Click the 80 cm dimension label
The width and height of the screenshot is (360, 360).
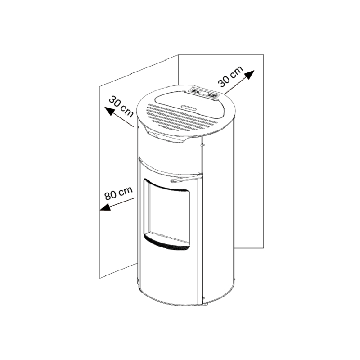click(x=118, y=193)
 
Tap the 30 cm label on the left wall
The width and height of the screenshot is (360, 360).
click(x=121, y=107)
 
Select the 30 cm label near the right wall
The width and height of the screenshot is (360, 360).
click(x=230, y=76)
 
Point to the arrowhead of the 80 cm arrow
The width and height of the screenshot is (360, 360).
click(x=105, y=207)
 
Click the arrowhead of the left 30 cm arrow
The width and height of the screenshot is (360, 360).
click(x=109, y=111)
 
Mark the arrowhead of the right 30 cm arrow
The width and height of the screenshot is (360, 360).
click(x=250, y=74)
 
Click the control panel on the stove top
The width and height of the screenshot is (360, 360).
click(x=204, y=93)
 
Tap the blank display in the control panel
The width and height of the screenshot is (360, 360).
click(x=203, y=93)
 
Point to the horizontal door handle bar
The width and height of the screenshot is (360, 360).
click(x=186, y=179)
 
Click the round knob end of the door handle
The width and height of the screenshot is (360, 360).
click(x=172, y=181)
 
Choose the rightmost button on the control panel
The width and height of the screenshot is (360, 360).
click(x=214, y=96)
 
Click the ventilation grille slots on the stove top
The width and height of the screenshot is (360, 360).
click(x=182, y=117)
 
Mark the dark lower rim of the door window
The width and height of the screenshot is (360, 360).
click(x=167, y=243)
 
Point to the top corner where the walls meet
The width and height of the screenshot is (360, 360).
click(x=179, y=55)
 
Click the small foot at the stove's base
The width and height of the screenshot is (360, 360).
click(x=205, y=305)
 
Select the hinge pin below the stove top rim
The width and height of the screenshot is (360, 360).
click(x=202, y=144)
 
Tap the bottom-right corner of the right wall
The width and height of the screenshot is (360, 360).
click(x=263, y=248)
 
